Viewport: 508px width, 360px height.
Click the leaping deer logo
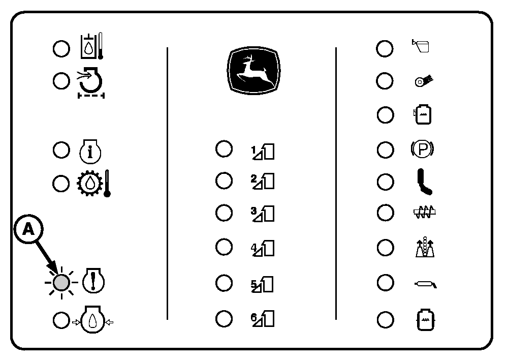[253, 71]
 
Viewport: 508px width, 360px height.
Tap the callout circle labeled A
[28, 229]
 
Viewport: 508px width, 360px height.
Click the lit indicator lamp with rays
[61, 282]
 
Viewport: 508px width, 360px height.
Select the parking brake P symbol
[422, 149]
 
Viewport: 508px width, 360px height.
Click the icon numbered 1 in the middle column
[263, 152]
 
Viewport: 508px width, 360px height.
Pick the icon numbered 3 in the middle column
[263, 214]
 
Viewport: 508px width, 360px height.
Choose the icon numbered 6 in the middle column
[263, 319]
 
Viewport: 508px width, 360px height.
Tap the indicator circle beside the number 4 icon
[224, 247]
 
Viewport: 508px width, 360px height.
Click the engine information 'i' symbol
[90, 152]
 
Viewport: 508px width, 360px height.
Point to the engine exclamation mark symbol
[93, 281]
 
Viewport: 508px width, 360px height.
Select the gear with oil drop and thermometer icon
[94, 183]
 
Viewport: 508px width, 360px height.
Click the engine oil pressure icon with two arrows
[92, 320]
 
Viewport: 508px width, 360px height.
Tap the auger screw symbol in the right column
[424, 213]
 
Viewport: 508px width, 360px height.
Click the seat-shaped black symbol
[424, 182]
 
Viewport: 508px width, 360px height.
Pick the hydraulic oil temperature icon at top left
[91, 46]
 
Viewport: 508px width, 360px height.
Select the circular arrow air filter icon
[91, 82]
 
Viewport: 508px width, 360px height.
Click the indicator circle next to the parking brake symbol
[385, 150]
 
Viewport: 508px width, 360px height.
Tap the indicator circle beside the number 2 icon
[224, 181]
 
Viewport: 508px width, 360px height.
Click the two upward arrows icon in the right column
[425, 247]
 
